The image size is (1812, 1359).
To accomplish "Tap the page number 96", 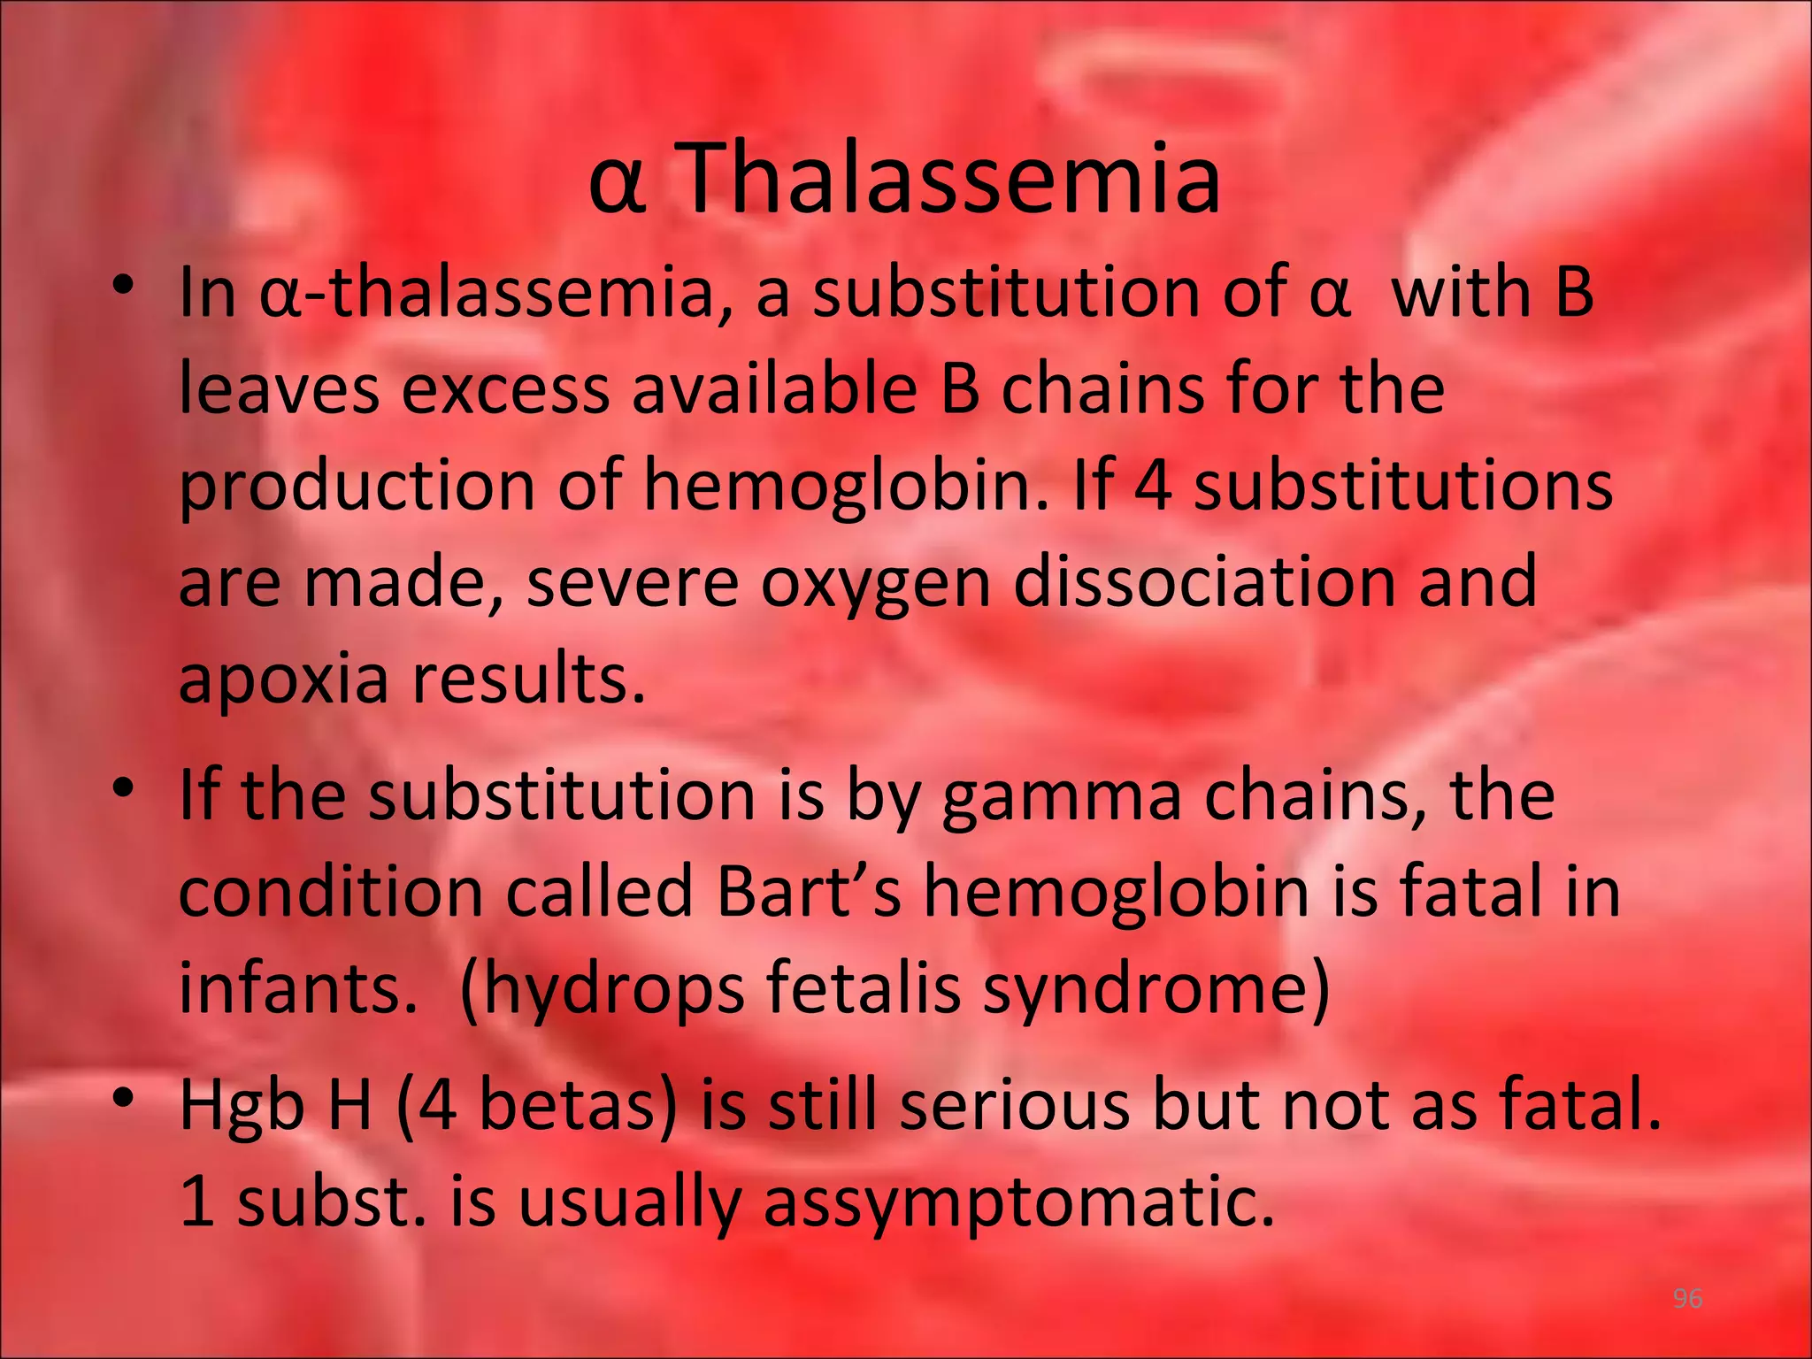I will pyautogui.click(x=1687, y=1298).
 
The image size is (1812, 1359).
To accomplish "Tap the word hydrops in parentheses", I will pyautogui.click(x=603, y=988).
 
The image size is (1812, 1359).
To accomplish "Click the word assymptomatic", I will pyautogui.click(x=1018, y=1203).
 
